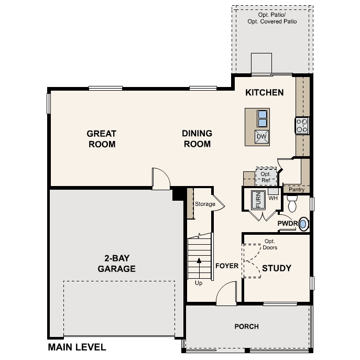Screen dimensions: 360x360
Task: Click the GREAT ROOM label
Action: click(x=101, y=139)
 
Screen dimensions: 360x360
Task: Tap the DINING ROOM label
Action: click(x=197, y=139)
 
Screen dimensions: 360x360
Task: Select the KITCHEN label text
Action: click(x=265, y=93)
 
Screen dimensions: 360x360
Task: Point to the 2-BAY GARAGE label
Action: click(x=116, y=264)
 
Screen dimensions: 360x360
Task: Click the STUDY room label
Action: click(x=276, y=268)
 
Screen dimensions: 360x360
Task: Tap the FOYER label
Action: click(x=227, y=266)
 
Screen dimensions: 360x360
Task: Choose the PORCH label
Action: click(x=246, y=326)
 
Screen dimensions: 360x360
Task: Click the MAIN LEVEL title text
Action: click(x=77, y=347)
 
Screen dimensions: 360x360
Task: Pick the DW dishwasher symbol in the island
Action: click(x=262, y=137)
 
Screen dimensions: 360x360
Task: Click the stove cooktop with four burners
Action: click(x=302, y=126)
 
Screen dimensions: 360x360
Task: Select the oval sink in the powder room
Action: click(x=303, y=224)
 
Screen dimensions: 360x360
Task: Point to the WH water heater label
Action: click(x=272, y=199)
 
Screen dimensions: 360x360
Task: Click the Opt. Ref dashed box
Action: click(x=266, y=177)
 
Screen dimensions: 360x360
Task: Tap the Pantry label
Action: click(x=296, y=189)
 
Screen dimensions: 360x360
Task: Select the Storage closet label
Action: click(x=205, y=204)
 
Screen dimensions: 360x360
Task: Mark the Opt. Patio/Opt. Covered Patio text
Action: click(x=272, y=18)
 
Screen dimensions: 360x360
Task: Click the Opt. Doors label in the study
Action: click(x=270, y=245)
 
